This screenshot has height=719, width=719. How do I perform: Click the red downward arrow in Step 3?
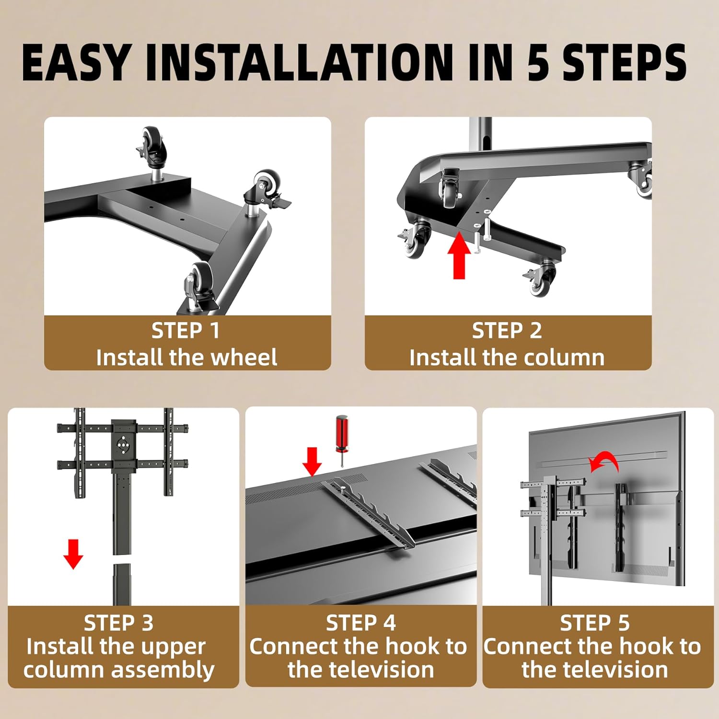coord(73,554)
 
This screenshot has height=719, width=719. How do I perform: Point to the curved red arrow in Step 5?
coord(605,460)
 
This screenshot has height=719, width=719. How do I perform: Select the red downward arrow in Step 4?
coord(312,462)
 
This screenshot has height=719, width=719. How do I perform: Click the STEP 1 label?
coord(186,330)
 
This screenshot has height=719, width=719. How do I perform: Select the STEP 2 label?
coord(507,330)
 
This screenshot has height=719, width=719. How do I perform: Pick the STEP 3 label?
coord(118,623)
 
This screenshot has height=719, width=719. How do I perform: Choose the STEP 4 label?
coord(360,623)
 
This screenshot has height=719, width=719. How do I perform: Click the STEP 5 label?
coord(594,623)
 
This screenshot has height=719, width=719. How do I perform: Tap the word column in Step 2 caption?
coord(563,358)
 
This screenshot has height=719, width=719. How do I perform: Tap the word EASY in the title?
coord(75,62)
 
